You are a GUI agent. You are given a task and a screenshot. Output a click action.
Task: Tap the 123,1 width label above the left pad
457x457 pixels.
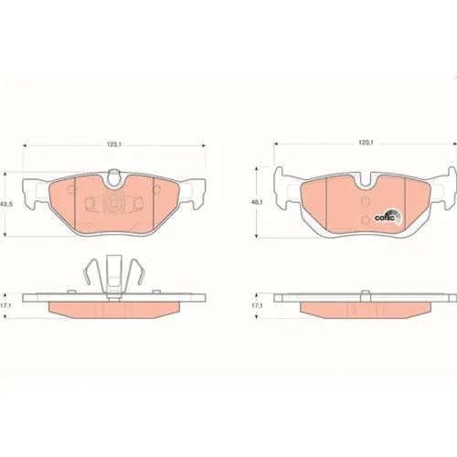[114, 145]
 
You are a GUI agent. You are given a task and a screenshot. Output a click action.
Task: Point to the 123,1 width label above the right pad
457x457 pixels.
[366, 142]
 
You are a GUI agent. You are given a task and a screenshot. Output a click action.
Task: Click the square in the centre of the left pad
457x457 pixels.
[114, 203]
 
